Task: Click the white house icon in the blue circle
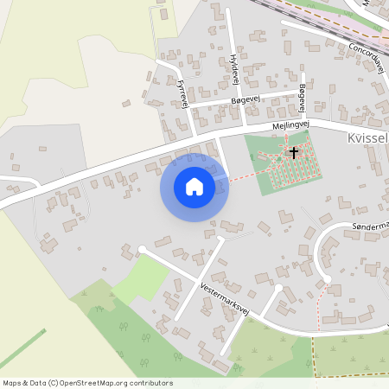(x=194, y=187)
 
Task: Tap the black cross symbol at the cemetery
(x=294, y=153)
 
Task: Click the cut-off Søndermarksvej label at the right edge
(x=371, y=226)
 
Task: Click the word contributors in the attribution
(x=149, y=383)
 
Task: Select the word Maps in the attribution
(x=12, y=383)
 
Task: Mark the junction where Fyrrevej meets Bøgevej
(x=191, y=107)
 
